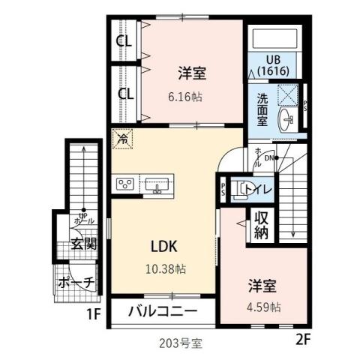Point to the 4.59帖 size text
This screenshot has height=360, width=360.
pyautogui.click(x=265, y=307)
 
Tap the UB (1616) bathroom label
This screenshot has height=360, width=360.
pyautogui.click(x=273, y=65)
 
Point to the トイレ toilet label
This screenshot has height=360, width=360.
pyautogui.click(x=256, y=188)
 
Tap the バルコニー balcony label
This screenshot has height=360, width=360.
pyautogui.click(x=162, y=310)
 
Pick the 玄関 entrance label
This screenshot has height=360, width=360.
pyautogui.click(x=83, y=243)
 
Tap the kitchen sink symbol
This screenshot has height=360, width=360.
pyautogui.click(x=157, y=183)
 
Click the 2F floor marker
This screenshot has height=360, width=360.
pyautogui.click(x=302, y=338)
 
